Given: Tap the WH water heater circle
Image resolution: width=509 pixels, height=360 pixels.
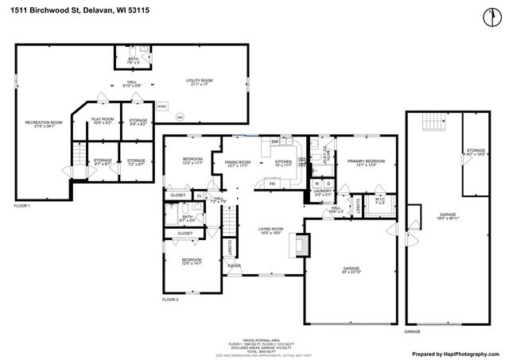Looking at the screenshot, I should point(180,116).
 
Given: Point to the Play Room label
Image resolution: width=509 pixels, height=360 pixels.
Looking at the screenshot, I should point(103,121).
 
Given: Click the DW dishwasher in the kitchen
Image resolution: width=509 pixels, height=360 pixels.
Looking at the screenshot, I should point(274,142).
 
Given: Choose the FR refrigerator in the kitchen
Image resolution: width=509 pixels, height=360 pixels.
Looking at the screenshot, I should point(272,184).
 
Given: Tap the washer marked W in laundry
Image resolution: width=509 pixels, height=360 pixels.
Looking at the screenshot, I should point(316,184).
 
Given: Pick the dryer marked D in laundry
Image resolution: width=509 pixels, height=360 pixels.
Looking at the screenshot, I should point(328,184).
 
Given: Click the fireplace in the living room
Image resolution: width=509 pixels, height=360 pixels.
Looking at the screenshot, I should point(300,243).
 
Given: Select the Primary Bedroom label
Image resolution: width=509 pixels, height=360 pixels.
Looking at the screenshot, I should point(366,163).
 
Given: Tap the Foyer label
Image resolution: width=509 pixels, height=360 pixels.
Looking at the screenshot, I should point(233,266).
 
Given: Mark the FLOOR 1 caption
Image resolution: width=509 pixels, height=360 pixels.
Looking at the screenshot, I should point(22,207).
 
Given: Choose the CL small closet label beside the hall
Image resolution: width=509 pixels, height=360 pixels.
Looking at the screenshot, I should point(200,195).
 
